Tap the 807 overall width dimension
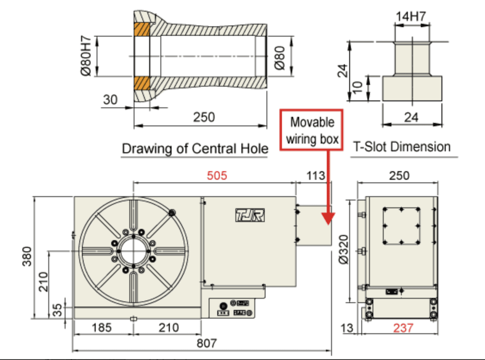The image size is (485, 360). tap(206, 344)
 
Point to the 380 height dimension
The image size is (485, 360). tap(27, 257)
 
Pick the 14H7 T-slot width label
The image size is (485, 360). tap(411, 17)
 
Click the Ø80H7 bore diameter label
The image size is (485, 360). tap(85, 57)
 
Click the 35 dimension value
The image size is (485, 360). tap(57, 310)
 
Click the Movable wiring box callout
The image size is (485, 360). tap(312, 129)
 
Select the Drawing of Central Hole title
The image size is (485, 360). tap(195, 149)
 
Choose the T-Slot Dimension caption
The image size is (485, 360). tap(402, 147)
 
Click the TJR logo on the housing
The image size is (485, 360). tap(250, 215)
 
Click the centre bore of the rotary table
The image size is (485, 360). tap(134, 251)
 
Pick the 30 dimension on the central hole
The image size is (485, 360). tap(110, 100)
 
